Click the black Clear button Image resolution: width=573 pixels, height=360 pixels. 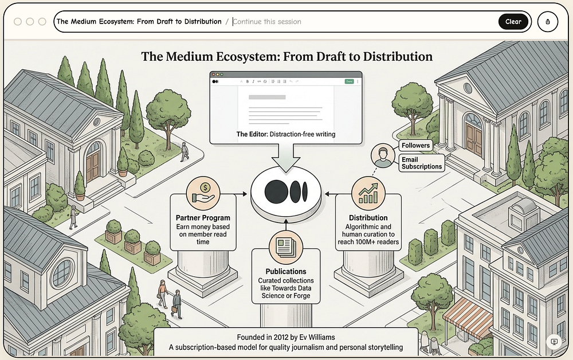(513, 22)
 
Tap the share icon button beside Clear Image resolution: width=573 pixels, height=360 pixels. (547, 22)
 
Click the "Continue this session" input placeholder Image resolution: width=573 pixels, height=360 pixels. (267, 22)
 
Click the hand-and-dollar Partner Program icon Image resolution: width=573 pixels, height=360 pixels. (203, 193)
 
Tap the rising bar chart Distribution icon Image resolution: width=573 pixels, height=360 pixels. (368, 194)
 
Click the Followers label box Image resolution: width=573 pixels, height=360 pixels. (415, 146)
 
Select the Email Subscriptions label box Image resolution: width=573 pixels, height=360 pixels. (422, 163)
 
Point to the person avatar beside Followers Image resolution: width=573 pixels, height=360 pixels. (383, 156)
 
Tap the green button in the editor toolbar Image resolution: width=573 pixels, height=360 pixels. (349, 81)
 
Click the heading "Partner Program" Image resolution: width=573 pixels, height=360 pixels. (203, 218)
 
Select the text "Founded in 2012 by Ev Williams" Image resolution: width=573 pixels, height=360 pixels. (286, 337)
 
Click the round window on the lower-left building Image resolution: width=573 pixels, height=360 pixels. (62, 273)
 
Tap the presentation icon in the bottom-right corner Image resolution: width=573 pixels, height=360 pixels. (554, 342)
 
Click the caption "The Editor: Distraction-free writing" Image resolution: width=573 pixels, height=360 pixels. (286, 134)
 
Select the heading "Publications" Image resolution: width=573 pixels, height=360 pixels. (286, 272)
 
